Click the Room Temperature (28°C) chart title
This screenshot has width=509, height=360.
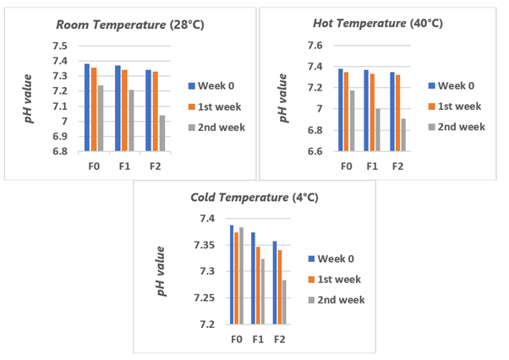127,25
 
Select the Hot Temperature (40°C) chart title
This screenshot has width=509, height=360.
377,23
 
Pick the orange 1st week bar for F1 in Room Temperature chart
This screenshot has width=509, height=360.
124,111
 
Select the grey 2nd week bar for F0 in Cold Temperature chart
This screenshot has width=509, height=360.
241,275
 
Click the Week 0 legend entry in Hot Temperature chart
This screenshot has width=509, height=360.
456,85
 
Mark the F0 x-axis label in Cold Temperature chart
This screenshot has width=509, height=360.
237,338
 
